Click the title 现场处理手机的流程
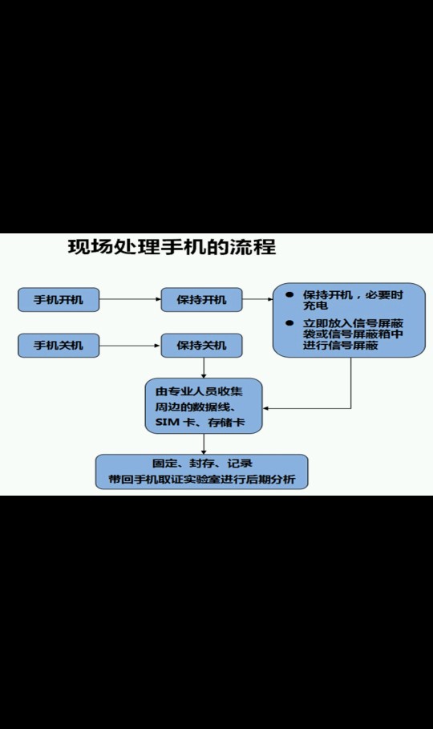tap(172, 246)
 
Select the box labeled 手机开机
tap(59, 299)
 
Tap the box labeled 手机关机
tap(59, 346)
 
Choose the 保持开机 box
tap(201, 299)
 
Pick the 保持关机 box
tap(201, 346)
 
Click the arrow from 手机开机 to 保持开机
tap(130, 299)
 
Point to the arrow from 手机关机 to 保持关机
tap(130, 346)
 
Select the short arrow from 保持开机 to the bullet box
tap(257, 299)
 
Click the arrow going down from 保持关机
tap(204, 368)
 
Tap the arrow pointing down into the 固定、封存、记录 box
tap(204, 444)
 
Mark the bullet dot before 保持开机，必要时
tap(289, 295)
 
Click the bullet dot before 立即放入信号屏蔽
tap(289, 323)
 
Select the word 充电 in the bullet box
tap(315, 306)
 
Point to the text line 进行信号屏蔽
tap(341, 345)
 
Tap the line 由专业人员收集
tap(199, 391)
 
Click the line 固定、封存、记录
tap(202, 464)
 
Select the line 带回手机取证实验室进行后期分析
tap(202, 480)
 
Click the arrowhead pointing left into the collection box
tap(265, 409)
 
